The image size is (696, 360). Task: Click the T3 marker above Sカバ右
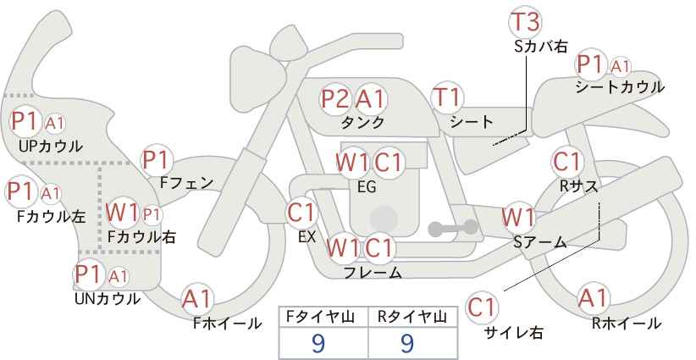(526, 22)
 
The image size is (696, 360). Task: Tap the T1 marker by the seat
(447, 97)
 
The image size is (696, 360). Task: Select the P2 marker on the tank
(335, 98)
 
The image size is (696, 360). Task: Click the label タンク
(362, 122)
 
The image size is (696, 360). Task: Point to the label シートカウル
(620, 87)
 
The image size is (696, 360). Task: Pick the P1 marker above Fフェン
(157, 160)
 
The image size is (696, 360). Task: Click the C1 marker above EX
(301, 213)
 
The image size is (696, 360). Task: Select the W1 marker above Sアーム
(518, 218)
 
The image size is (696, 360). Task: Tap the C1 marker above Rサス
(567, 162)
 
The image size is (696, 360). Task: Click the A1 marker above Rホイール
(593, 298)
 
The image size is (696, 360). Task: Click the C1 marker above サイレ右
(482, 307)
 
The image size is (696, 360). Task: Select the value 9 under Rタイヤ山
(407, 343)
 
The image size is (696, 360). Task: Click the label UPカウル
(51, 146)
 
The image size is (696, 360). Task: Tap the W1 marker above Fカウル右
(122, 213)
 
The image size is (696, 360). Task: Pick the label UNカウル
(107, 299)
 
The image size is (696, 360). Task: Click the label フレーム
(373, 272)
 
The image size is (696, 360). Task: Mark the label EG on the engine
(367, 186)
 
